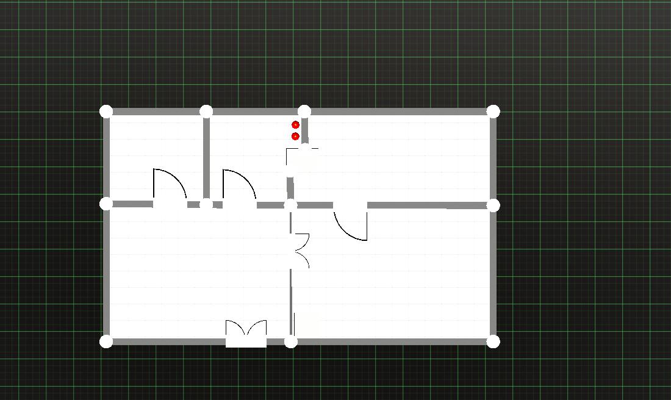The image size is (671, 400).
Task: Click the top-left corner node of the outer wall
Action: click(106, 111)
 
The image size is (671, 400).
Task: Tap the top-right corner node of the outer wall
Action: click(493, 111)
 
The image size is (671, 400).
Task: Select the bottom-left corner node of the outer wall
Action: click(106, 341)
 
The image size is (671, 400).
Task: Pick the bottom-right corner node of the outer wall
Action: click(493, 341)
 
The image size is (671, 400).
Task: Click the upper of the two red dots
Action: click(295, 125)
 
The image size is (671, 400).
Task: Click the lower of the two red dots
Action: click(295, 137)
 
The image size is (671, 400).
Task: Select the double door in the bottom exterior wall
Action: click(246, 334)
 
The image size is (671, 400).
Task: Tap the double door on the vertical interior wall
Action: click(300, 251)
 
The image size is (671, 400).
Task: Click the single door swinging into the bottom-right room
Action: click(351, 223)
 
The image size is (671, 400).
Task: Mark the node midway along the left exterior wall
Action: click(106, 204)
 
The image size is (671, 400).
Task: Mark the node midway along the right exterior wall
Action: click(493, 205)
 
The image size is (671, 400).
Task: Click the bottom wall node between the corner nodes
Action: click(291, 341)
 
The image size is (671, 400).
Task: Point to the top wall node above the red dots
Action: click(304, 111)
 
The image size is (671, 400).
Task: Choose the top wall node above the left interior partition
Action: click(206, 111)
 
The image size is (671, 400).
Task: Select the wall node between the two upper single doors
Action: click(206, 204)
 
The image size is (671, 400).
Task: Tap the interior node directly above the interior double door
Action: click(290, 205)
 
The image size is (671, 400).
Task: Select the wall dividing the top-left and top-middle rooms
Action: click(206, 157)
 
